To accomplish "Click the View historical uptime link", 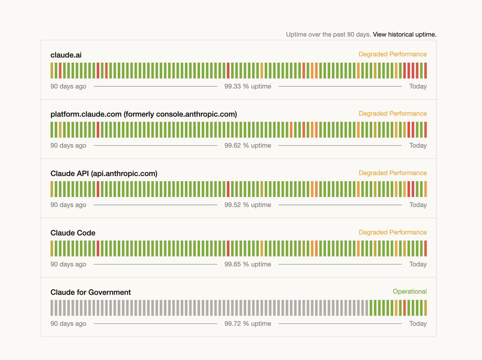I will (x=404, y=35).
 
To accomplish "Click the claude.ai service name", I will (x=66, y=55).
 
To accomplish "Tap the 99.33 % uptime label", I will (x=247, y=86).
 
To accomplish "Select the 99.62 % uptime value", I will (x=247, y=145).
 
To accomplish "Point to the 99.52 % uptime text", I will (x=247, y=205).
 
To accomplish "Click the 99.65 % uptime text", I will (x=247, y=264).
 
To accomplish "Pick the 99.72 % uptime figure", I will (x=247, y=324).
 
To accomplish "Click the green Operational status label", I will (x=409, y=292).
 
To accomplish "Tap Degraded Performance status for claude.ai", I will (x=392, y=54).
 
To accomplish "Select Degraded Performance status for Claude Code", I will (x=392, y=232).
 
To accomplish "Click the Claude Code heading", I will (x=73, y=233).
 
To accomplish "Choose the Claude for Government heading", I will (x=90, y=292).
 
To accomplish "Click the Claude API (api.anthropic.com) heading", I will (x=104, y=174).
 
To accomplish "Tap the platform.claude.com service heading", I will (x=143, y=115).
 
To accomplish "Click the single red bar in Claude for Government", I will (x=404, y=308).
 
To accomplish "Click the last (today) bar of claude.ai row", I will (x=425, y=70).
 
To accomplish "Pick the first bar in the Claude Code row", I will (x=52, y=248).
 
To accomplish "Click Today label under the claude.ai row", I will (x=418, y=86).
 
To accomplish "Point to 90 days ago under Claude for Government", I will (x=68, y=324).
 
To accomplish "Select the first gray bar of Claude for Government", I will (x=52, y=308).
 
